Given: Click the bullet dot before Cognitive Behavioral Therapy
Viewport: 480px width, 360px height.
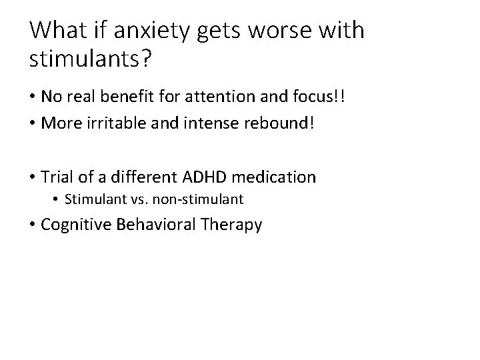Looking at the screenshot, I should [33, 225].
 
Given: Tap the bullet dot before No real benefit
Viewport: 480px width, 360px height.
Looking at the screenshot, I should [33, 97].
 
